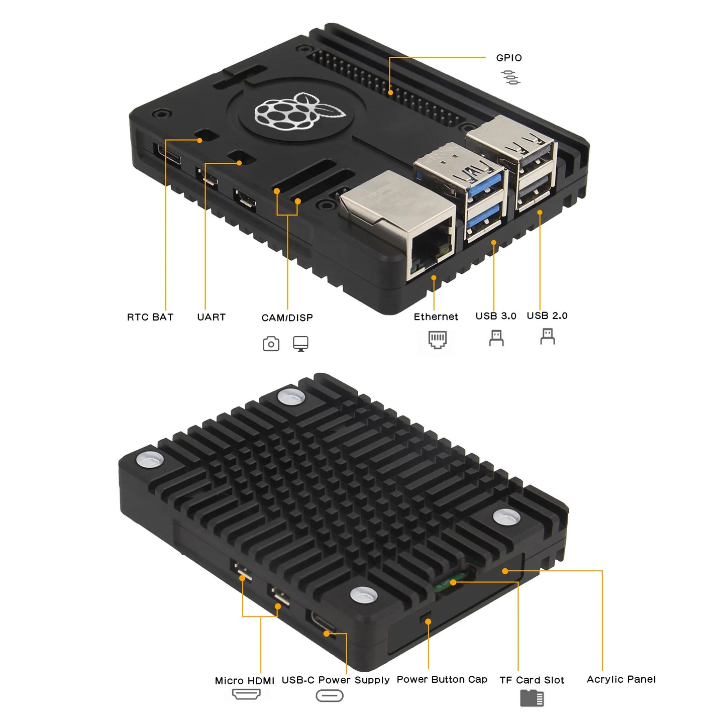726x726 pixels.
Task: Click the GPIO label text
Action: (x=508, y=58)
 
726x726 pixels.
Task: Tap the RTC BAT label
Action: (x=150, y=317)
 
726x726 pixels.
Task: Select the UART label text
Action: (x=211, y=317)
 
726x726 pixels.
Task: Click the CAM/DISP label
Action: (x=287, y=318)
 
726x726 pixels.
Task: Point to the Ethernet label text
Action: (x=436, y=317)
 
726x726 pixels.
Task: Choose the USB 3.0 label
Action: (x=495, y=316)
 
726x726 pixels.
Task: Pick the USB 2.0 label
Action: (x=547, y=316)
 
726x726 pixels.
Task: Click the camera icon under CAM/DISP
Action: (x=271, y=344)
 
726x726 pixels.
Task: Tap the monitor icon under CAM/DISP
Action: (x=300, y=344)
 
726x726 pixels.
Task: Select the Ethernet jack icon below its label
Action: (x=437, y=340)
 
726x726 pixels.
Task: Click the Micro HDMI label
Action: (x=244, y=680)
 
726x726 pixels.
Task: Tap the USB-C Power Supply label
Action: (x=335, y=680)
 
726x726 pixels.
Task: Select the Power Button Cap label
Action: (x=442, y=679)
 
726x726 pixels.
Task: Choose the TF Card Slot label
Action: (x=532, y=680)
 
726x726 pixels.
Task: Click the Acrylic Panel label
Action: (x=621, y=679)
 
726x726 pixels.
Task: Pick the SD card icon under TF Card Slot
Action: (x=532, y=698)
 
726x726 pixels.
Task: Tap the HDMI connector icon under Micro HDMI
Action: (x=246, y=694)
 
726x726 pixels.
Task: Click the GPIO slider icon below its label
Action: (x=510, y=77)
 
